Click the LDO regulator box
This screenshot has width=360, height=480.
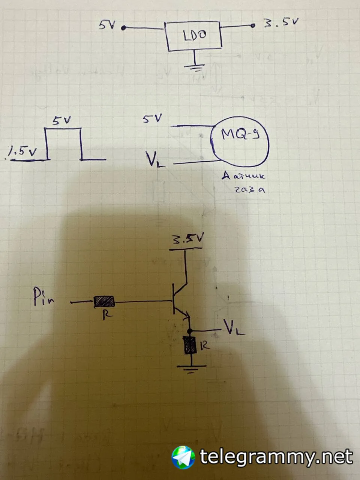pyautogui.click(x=193, y=36)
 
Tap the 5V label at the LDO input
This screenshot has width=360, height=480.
pyautogui.click(x=108, y=25)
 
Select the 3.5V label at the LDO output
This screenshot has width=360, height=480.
pyautogui.click(x=281, y=23)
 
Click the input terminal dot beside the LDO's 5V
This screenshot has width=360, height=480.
pyautogui.click(x=123, y=28)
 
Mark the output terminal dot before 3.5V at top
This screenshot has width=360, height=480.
pyautogui.click(x=253, y=25)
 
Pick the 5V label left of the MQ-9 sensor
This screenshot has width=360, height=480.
pyautogui.click(x=152, y=119)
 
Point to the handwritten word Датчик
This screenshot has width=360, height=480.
pyautogui.click(x=243, y=176)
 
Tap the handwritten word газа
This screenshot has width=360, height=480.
pyautogui.click(x=250, y=189)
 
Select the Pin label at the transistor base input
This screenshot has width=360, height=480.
pyautogui.click(x=43, y=297)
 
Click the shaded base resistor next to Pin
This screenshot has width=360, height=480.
pyautogui.click(x=104, y=301)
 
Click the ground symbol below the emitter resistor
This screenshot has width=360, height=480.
pyautogui.click(x=191, y=369)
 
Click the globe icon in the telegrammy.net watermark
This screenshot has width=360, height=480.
pyautogui.click(x=183, y=457)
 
